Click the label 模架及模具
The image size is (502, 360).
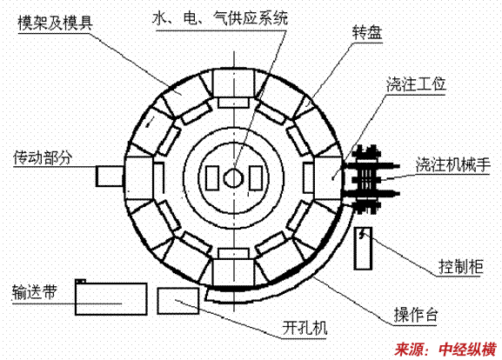56,23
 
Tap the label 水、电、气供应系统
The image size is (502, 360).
220,18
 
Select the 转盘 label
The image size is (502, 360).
367,33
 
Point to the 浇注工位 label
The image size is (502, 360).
416,84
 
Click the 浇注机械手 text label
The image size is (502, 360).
453,164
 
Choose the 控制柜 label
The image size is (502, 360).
461,267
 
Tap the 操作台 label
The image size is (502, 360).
416,315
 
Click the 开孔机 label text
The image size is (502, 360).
305,328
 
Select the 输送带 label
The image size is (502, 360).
35,292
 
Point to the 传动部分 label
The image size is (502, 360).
43,157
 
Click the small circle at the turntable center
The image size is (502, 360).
234,178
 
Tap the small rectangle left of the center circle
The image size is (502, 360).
212,178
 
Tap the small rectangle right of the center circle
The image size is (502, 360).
256,178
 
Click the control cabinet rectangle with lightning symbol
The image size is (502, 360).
363,249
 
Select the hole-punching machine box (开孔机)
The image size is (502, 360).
178,301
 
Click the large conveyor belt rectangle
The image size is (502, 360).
111,299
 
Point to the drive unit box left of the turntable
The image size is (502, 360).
110,177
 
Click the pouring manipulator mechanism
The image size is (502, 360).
371,179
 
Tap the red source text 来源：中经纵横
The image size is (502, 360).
445,349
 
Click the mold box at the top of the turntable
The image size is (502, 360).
233,83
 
